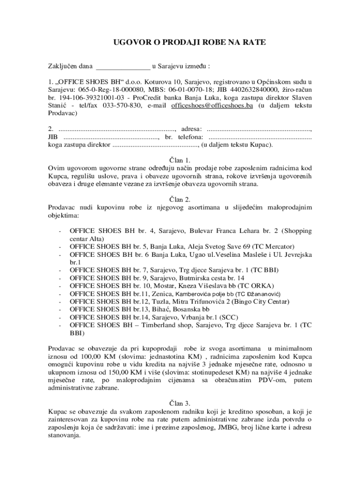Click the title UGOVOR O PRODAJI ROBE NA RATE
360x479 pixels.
pos(189,43)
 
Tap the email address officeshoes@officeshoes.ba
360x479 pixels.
pos(212,106)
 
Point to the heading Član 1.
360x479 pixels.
pos(180,160)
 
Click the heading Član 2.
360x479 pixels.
pos(180,199)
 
